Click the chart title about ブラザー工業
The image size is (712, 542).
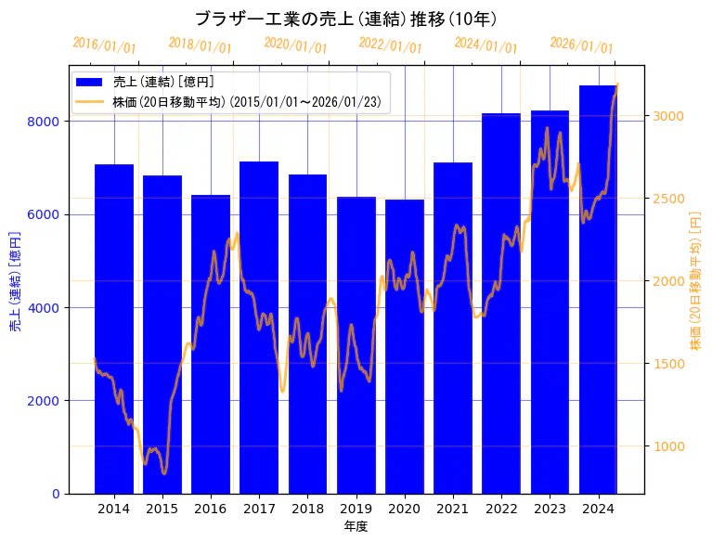click(345, 19)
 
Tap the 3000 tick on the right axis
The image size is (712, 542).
click(668, 116)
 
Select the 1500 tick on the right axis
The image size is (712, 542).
click(668, 364)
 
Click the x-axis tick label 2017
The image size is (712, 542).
click(259, 509)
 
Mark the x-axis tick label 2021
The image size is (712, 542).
click(453, 509)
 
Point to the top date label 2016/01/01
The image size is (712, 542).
click(104, 45)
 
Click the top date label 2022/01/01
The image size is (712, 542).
click(390, 45)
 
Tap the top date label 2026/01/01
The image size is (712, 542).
click(581, 45)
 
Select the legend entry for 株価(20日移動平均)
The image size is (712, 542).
click(246, 101)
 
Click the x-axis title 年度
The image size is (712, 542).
click(356, 526)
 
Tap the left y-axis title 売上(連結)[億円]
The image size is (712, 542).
click(15, 279)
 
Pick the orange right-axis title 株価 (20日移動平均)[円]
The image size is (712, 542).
click(695, 279)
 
